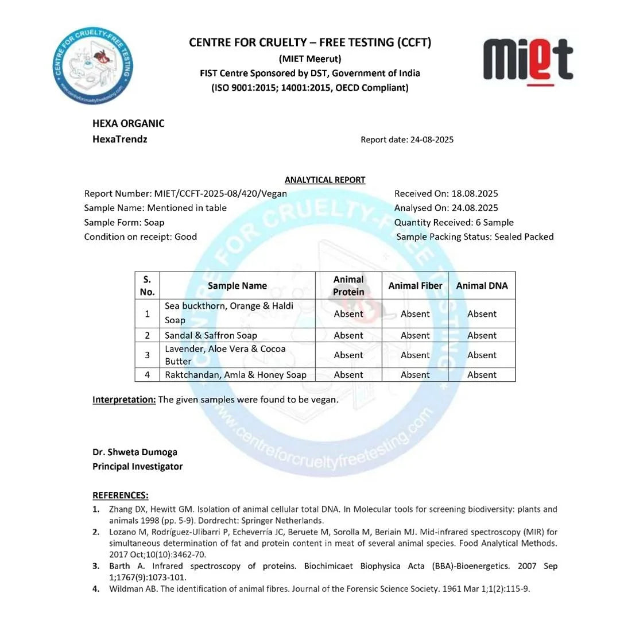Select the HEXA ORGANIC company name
click(x=129, y=123)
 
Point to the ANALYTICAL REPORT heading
click(x=325, y=180)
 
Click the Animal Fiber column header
click(x=415, y=285)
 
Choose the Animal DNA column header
click(x=482, y=285)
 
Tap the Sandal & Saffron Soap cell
click(x=211, y=335)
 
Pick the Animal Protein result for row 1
click(x=348, y=313)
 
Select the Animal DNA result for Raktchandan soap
click(x=482, y=375)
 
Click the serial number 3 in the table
click(x=147, y=355)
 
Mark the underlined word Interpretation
click(x=124, y=400)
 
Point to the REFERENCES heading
click(x=120, y=495)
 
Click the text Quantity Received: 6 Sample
click(x=454, y=222)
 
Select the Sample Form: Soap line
click(x=124, y=222)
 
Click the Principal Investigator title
click(x=137, y=466)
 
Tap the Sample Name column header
click(x=237, y=285)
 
